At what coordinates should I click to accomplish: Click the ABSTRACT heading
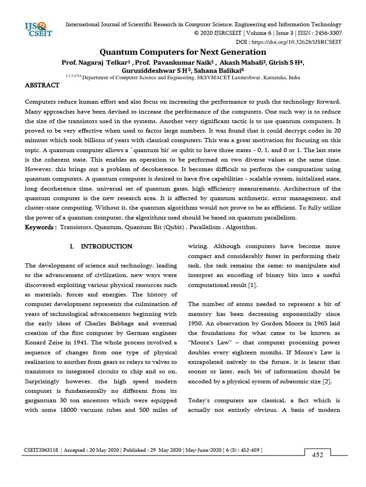pos(42,85)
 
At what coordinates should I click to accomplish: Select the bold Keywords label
pos(41,227)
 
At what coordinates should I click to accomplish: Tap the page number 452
pos(317,455)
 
